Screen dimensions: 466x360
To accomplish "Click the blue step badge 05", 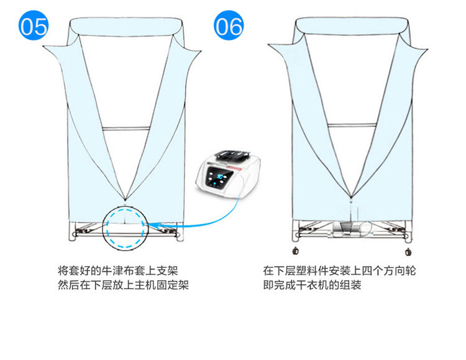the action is pyautogui.click(x=33, y=26).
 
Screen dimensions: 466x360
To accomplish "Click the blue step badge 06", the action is pyautogui.click(x=229, y=26).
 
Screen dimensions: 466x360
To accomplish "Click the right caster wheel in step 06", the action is pyautogui.click(x=408, y=251).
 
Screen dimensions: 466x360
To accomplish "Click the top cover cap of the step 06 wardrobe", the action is pyautogui.click(x=350, y=26).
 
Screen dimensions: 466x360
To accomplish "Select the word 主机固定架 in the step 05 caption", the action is pyautogui.click(x=163, y=285).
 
